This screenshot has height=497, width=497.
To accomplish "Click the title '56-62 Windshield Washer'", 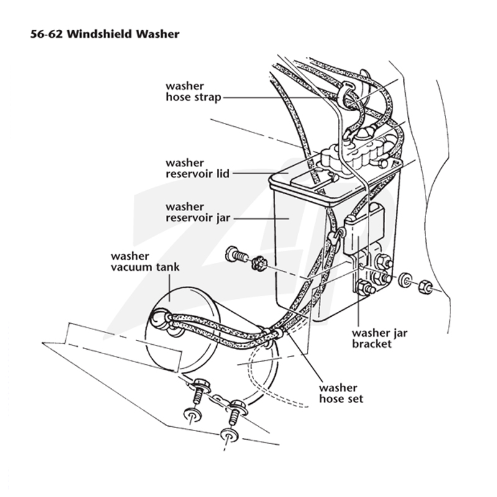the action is click(x=105, y=34).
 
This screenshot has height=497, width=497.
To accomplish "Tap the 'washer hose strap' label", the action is click(x=193, y=91).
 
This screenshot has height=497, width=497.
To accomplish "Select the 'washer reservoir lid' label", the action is click(x=198, y=168).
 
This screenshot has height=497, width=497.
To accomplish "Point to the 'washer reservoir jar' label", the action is click(x=198, y=212).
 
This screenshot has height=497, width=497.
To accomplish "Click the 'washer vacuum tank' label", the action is click(x=145, y=262).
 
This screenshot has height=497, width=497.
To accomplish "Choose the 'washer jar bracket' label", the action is click(x=380, y=338).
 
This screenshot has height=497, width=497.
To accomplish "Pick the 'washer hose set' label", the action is click(x=341, y=393).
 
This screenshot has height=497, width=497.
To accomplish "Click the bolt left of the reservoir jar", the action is click(x=236, y=255).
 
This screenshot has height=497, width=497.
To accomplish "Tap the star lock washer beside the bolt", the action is click(x=260, y=263).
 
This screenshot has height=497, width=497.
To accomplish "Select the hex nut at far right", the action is click(x=426, y=287).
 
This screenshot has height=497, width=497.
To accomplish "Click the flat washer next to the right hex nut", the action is click(x=404, y=279).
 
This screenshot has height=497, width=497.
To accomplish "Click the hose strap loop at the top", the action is click(x=345, y=95).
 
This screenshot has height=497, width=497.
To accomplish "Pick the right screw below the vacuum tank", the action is click(x=236, y=412).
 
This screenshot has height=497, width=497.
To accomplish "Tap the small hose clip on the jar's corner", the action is click(x=335, y=235).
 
